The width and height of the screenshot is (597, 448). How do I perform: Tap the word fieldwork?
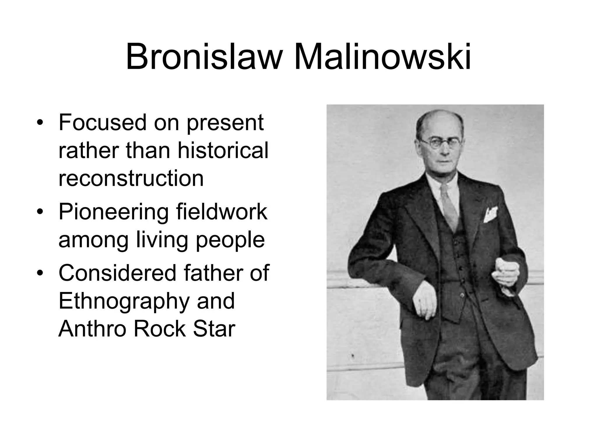(x=222, y=212)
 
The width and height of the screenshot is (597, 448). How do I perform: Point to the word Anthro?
(x=93, y=329)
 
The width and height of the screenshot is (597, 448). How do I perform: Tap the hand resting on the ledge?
(x=424, y=303)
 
